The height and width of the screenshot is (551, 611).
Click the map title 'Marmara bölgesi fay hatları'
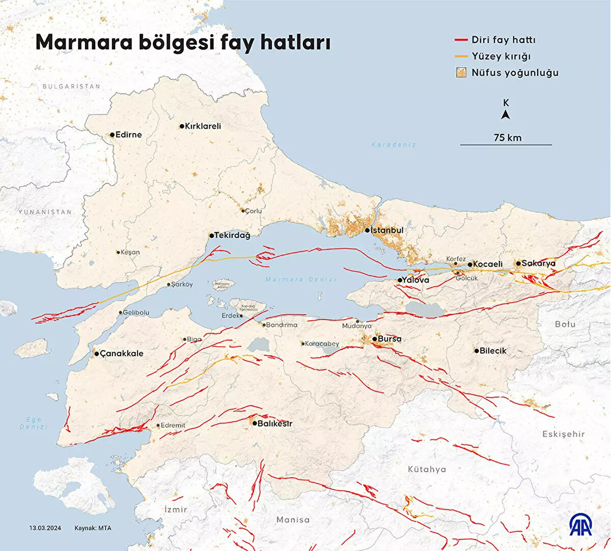(183, 42)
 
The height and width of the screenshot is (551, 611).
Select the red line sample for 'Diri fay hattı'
(461, 40)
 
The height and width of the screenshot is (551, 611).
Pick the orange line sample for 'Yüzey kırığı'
(461, 56)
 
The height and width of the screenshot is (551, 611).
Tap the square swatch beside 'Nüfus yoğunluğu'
(461, 72)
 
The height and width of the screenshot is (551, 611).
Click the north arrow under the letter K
(506, 115)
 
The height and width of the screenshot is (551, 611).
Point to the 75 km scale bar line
(506, 145)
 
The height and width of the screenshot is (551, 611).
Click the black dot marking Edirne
(113, 135)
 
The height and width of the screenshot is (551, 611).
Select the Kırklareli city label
(203, 126)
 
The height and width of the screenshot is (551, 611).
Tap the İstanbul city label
(387, 230)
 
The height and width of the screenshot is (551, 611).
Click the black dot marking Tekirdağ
(211, 236)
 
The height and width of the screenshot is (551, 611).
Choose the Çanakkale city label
(122, 353)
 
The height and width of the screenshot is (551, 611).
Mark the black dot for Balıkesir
(255, 423)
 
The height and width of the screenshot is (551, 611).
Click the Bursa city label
(390, 339)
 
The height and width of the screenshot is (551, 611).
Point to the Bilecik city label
(493, 350)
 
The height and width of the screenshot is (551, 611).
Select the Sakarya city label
(539, 263)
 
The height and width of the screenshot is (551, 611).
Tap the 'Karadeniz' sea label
(394, 145)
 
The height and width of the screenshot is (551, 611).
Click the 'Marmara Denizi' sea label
(300, 280)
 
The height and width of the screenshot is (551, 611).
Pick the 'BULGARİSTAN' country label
(71, 87)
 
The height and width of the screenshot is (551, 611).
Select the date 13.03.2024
(45, 528)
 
